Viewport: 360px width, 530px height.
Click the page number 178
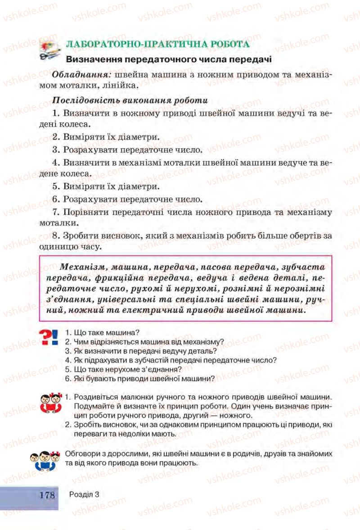(x=47, y=495)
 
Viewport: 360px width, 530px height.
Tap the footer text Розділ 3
(x=84, y=494)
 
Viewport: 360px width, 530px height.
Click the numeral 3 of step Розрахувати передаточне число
(x=55, y=149)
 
